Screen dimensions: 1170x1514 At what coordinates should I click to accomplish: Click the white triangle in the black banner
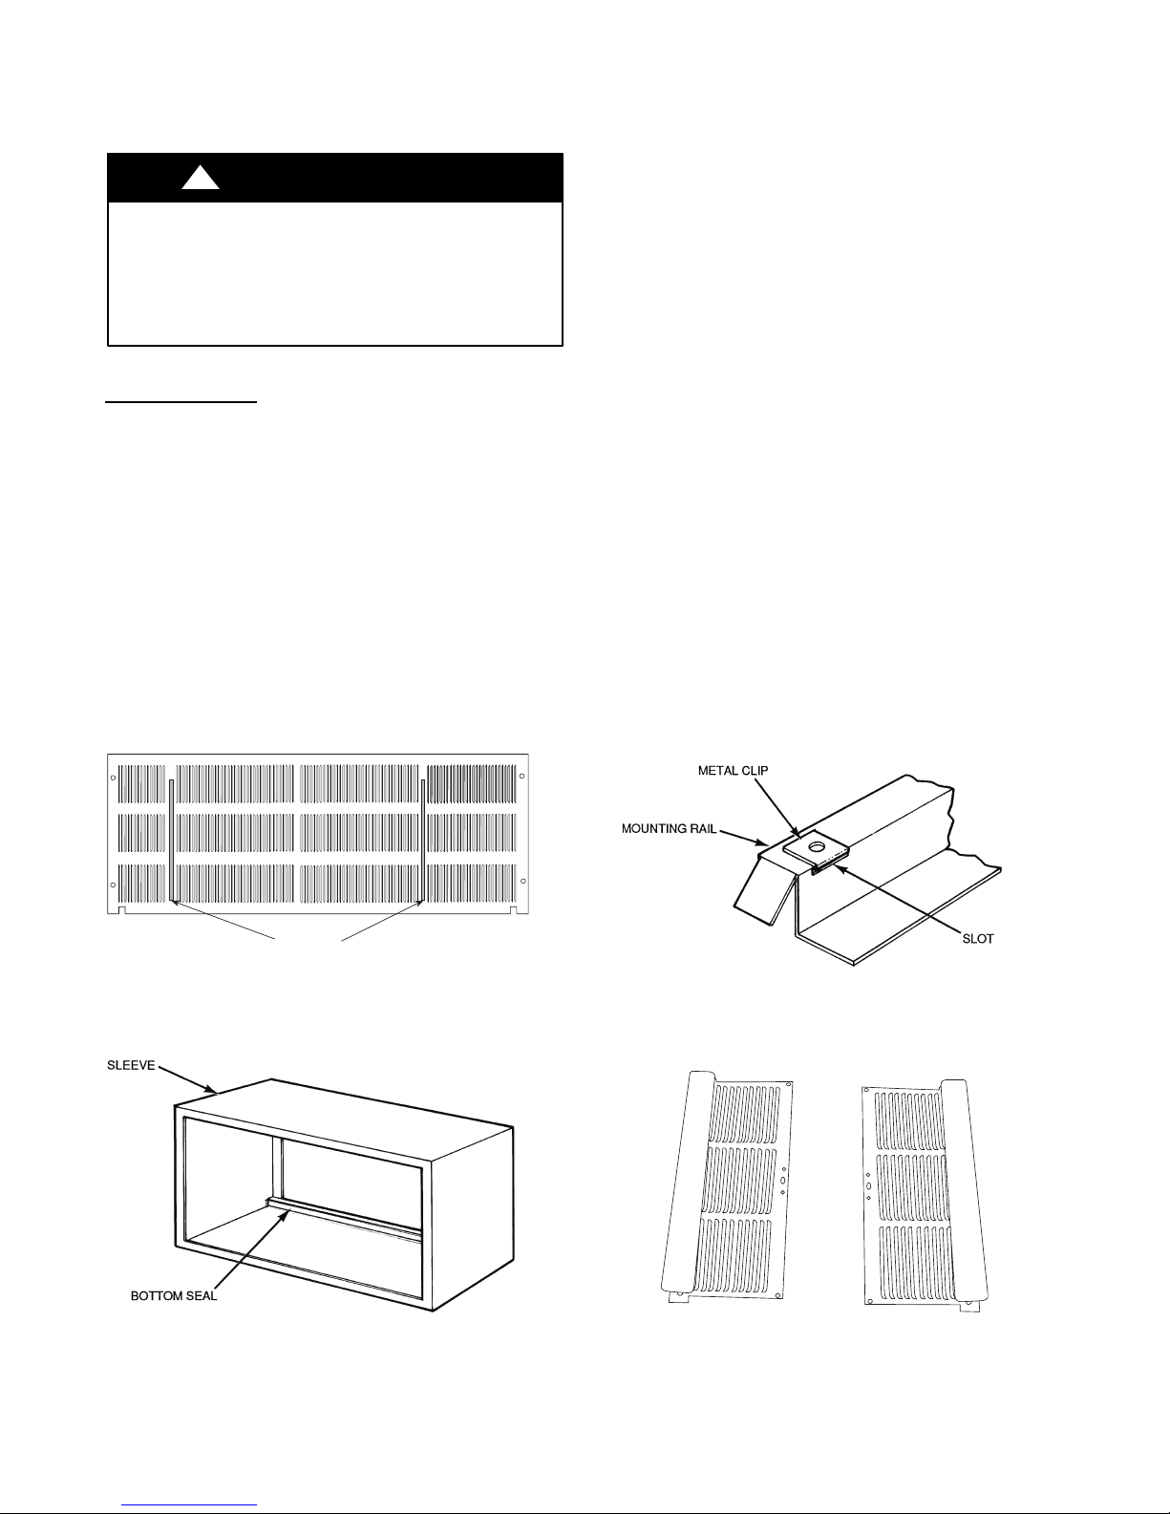(x=201, y=179)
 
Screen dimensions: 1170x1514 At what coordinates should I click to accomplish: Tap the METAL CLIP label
(x=733, y=771)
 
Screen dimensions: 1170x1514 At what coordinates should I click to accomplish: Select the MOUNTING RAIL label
(x=669, y=828)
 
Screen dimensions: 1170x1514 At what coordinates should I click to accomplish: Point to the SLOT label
(x=978, y=939)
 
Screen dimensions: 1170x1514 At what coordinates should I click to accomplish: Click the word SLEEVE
(x=131, y=1065)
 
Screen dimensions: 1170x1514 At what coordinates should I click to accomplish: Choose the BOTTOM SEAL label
(x=174, y=1296)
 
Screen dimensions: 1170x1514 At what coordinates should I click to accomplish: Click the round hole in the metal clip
(x=817, y=847)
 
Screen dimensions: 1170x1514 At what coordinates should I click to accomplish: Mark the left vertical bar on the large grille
(x=171, y=841)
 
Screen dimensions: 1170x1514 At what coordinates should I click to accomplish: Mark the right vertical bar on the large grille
(x=423, y=841)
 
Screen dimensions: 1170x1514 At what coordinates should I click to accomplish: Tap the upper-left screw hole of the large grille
(x=113, y=777)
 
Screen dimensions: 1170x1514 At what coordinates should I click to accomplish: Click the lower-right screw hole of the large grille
(x=521, y=885)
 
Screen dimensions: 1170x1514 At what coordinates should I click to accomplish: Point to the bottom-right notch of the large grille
(x=513, y=910)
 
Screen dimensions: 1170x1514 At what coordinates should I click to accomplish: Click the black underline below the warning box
(x=181, y=401)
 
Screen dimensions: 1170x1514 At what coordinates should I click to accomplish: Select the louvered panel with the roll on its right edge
(x=925, y=1196)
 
